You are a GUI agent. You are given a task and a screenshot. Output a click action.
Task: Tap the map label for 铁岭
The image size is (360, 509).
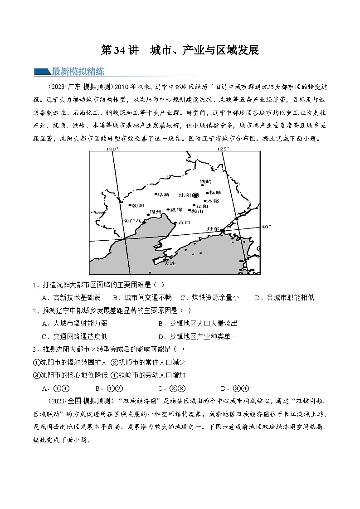pos(206,181)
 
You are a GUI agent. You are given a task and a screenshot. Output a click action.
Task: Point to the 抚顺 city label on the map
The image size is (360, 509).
pos(216,193)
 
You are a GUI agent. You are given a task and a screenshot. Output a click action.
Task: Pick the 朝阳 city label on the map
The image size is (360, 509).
pos(135,205)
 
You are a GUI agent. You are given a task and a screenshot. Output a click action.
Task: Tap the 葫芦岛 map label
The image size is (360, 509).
pos(132,220)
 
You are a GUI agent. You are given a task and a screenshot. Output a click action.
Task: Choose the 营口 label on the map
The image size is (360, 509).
pos(184,223)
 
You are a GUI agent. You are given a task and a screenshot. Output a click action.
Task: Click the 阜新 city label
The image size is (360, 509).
pos(163,194)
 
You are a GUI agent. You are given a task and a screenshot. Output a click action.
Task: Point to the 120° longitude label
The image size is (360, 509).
pos(112,148)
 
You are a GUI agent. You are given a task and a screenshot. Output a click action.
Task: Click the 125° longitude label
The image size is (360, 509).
pos(223,148)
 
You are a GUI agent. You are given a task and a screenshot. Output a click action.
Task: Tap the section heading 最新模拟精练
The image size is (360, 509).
pos(78,71)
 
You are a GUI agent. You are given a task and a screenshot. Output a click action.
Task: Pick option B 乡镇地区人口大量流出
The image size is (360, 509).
pos(198,323)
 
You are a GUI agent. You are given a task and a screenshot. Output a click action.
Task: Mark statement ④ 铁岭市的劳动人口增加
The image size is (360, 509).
pos(148,375)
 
